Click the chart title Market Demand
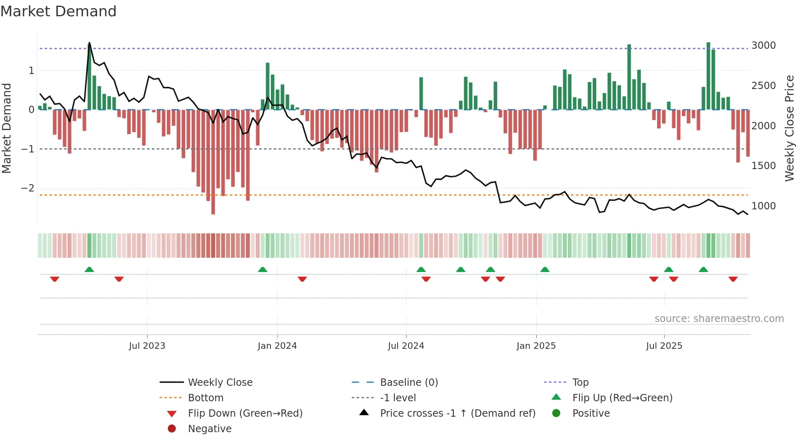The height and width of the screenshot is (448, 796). [x=58, y=11]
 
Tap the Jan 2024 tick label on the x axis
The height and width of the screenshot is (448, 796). [x=277, y=346]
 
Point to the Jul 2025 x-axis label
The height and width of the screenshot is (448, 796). [x=664, y=346]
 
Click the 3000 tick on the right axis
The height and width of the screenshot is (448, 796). [x=763, y=46]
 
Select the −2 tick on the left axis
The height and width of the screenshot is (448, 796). [x=28, y=188]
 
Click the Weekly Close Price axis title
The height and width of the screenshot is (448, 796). [x=789, y=128]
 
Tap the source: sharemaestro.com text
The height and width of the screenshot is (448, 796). [x=719, y=319]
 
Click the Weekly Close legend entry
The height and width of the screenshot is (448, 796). [x=220, y=383]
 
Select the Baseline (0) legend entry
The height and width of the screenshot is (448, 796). [x=409, y=383]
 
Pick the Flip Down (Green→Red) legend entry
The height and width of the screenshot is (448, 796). [x=245, y=413]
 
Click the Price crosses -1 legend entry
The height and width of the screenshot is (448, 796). [x=457, y=413]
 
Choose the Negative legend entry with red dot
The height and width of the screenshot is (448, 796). [x=210, y=429]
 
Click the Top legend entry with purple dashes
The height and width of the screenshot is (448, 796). [x=580, y=383]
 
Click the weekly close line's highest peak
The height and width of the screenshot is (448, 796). [x=89, y=43]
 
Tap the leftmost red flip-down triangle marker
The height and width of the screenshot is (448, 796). [x=55, y=279]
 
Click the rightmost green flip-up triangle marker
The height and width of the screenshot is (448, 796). [x=703, y=270]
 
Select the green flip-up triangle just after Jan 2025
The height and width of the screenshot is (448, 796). [x=545, y=270]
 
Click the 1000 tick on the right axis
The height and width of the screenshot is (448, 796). [x=763, y=206]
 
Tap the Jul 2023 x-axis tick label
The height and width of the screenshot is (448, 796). [x=147, y=346]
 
